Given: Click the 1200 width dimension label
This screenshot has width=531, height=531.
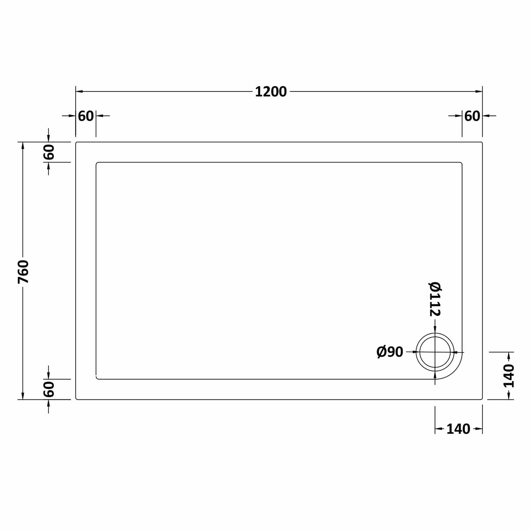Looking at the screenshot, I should pyautogui.click(x=271, y=92).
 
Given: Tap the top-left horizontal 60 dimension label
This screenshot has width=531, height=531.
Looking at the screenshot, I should pyautogui.click(x=86, y=116).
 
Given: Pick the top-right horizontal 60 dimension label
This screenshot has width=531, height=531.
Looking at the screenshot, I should pyautogui.click(x=472, y=116).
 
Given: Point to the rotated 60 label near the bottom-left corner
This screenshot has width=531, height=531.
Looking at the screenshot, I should pyautogui.click(x=49, y=389).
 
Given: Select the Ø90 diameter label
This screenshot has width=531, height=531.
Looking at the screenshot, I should pyautogui.click(x=390, y=352).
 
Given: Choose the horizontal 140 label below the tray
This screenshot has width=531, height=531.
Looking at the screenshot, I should pyautogui.click(x=458, y=429).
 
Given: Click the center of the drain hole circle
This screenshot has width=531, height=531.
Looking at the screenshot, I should pyautogui.click(x=435, y=352).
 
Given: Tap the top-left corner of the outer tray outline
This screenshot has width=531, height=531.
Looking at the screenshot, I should pyautogui.click(x=77, y=143).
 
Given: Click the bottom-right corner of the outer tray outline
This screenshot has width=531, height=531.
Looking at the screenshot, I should pyautogui.click(x=482, y=398).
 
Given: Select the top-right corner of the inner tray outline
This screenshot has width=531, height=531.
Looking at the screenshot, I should pyautogui.click(x=461, y=163).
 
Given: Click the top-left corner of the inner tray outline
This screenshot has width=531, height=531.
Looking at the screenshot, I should pyautogui.click(x=97, y=163).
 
